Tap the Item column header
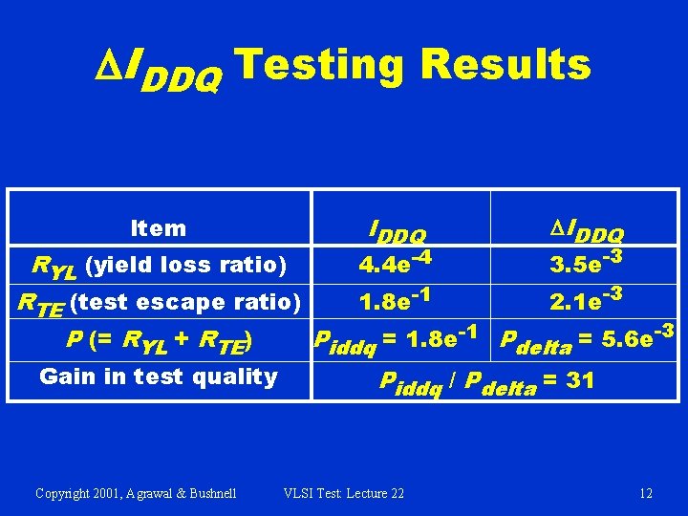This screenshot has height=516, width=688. [159, 228]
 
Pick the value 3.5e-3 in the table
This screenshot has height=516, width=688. [585, 261]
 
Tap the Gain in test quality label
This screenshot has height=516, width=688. [158, 376]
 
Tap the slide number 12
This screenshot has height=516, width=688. [646, 493]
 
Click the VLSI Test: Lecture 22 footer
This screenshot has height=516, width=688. [344, 493]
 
